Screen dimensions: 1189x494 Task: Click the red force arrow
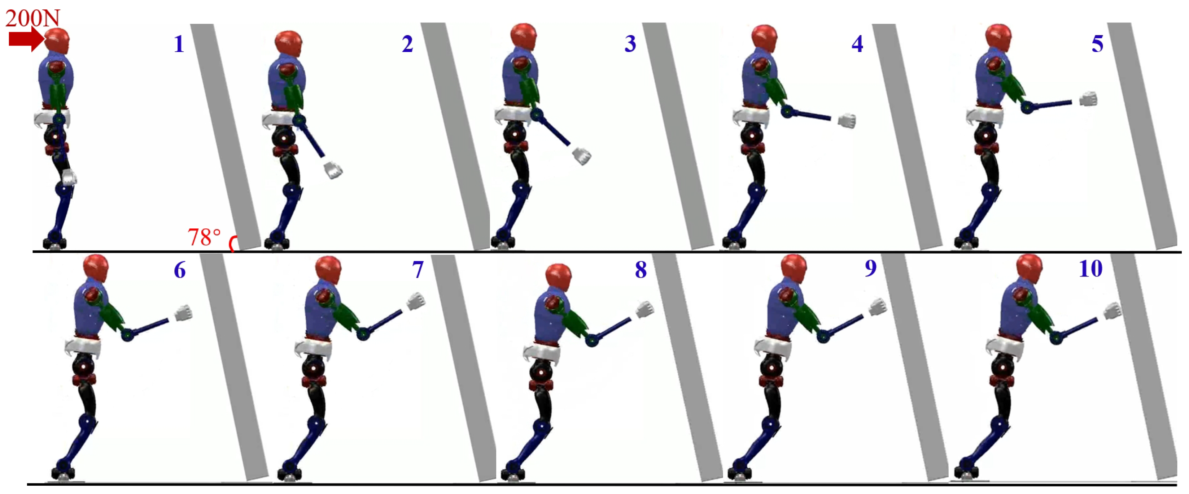(x=27, y=39)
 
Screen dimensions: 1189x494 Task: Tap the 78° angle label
(x=204, y=237)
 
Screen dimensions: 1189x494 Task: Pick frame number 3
(x=630, y=43)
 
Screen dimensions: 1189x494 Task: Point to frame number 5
(x=1097, y=44)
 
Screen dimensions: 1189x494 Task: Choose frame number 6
(x=180, y=270)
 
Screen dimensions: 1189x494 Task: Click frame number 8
(x=641, y=270)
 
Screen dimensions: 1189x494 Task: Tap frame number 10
(x=1090, y=269)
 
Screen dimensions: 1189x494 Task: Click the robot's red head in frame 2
(x=288, y=44)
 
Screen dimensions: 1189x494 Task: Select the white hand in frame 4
(x=847, y=121)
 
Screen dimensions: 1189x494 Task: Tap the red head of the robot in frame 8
(x=559, y=277)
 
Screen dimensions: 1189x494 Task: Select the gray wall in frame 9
(x=914, y=368)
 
